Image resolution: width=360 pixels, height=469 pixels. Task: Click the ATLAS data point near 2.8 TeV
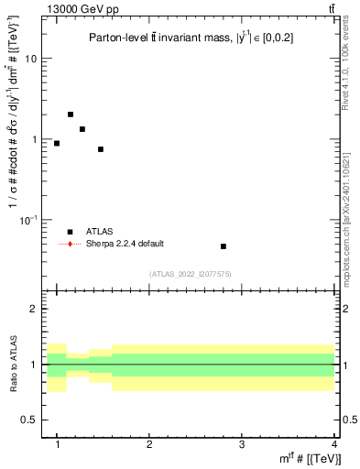pos(224,246)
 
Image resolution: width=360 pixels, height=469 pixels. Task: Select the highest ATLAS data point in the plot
pos(71,115)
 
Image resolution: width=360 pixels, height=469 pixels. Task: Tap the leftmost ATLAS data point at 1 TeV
pos(57,143)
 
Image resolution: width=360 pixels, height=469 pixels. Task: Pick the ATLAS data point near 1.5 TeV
pos(101,149)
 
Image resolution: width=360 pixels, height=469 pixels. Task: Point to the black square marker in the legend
pos(71,233)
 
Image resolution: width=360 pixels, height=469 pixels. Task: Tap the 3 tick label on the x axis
pos(241,444)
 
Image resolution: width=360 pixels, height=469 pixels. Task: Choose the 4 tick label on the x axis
pos(333,444)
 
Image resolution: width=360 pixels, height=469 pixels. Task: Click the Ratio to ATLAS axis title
pos(12,365)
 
